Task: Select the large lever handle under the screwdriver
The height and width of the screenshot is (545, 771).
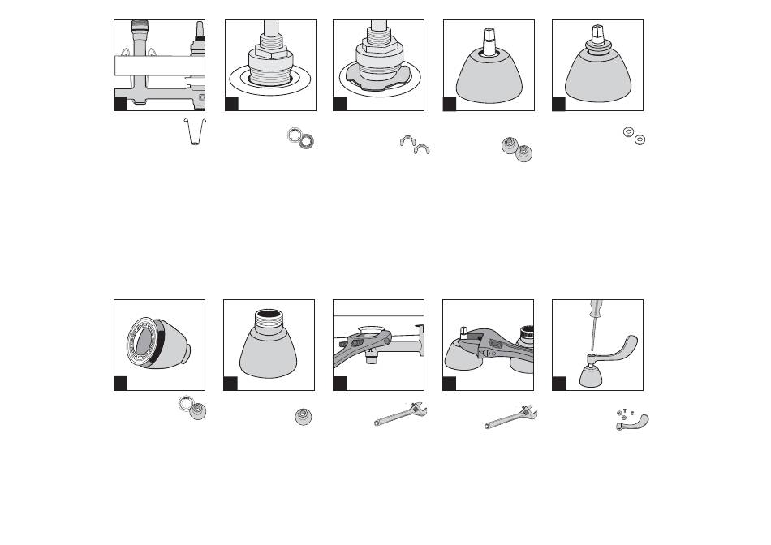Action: pyautogui.click(x=620, y=348)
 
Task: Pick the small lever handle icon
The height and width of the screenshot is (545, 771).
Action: pyautogui.click(x=634, y=421)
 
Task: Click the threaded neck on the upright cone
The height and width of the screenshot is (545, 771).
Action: pyautogui.click(x=269, y=317)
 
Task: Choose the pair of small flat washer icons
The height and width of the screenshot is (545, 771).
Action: pyautogui.click(x=633, y=135)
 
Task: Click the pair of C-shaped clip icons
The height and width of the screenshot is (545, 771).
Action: pyautogui.click(x=415, y=145)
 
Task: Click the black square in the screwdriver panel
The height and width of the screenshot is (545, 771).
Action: pyautogui.click(x=559, y=382)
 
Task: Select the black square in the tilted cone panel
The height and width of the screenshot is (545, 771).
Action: pyautogui.click(x=120, y=382)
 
